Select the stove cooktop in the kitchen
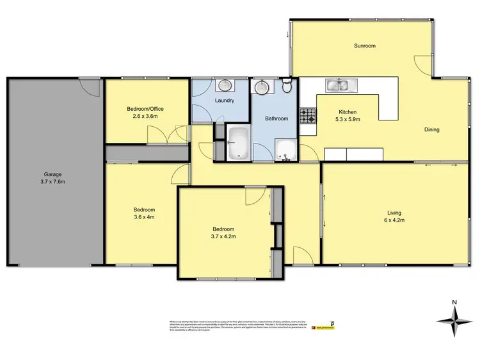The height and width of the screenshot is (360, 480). tap(308, 116)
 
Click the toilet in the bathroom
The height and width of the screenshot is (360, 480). tap(287, 86)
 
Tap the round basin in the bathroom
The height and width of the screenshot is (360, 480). tap(262, 87)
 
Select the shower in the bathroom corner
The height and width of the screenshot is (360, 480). tap(285, 151)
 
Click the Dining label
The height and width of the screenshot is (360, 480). tap(431, 130)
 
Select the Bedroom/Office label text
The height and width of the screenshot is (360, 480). tap(145, 109)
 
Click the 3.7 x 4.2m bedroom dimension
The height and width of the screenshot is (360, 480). tap(223, 236)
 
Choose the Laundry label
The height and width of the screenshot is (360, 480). tap(224, 101)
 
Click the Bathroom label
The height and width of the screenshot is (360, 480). tap(276, 119)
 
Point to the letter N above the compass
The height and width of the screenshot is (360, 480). tap(454, 302)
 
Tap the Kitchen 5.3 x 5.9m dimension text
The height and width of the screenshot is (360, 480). tap(349, 119)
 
